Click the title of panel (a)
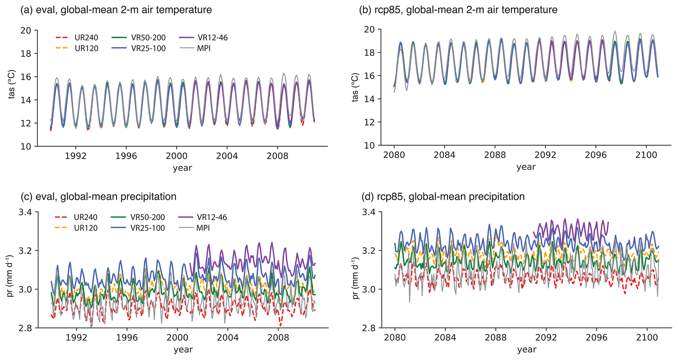pos(116,10)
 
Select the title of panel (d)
pos(443,197)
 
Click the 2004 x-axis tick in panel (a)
pos(227,156)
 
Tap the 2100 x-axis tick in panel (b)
pos(646,155)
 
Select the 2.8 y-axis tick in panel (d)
pos(370,328)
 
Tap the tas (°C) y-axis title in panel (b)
pos(355,87)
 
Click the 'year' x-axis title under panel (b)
pos(526,167)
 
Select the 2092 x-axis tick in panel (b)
pos(545,155)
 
